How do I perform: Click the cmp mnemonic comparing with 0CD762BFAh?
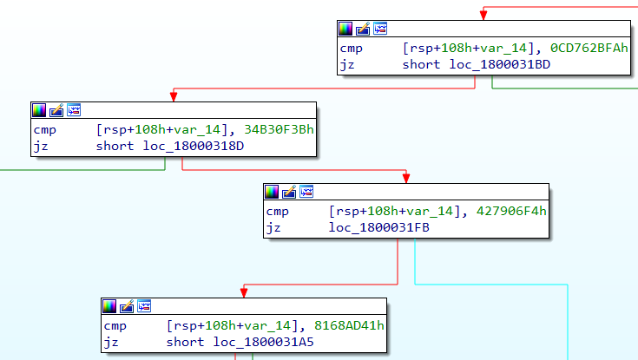coord(351,49)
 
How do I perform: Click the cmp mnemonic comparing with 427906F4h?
coord(277,211)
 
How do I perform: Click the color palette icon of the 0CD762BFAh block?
coord(345,29)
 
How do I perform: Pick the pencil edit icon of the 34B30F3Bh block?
coord(56,110)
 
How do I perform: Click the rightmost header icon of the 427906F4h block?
coord(306,191)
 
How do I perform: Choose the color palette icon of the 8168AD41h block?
coord(109,305)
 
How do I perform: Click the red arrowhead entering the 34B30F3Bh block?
coord(174,95)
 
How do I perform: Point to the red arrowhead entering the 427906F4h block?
coord(406,177)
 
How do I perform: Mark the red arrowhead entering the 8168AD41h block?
coord(243,291)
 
